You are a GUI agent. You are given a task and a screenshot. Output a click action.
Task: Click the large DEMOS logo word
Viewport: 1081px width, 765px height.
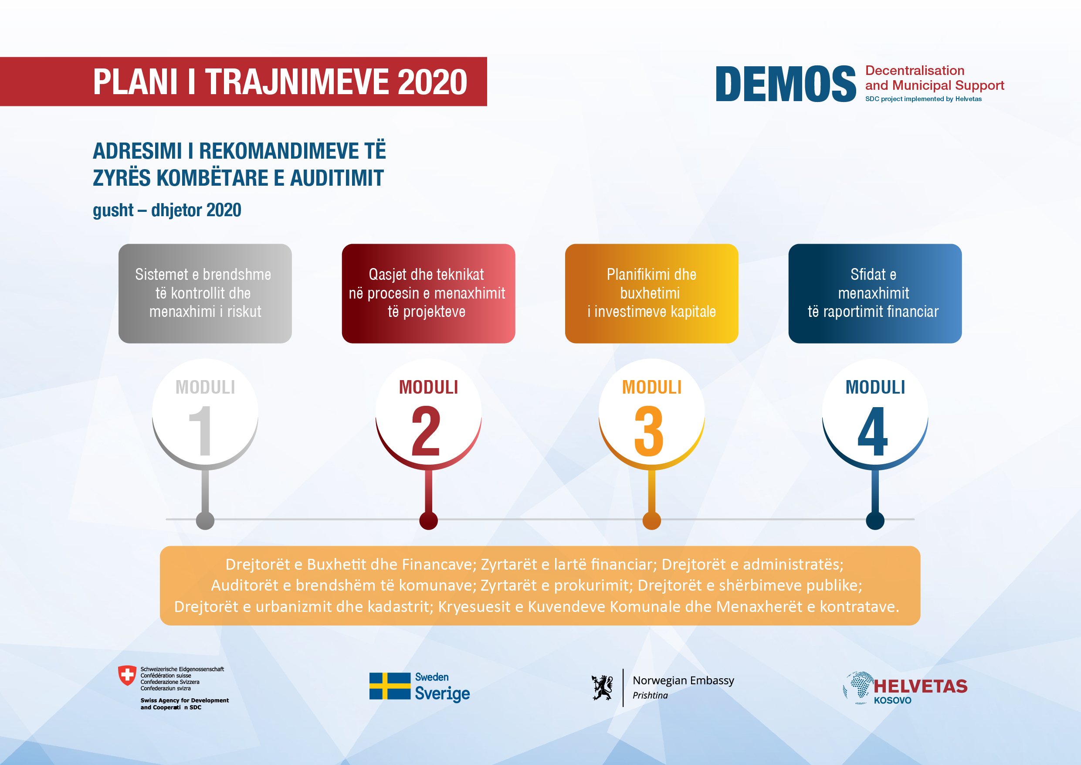[x=785, y=84]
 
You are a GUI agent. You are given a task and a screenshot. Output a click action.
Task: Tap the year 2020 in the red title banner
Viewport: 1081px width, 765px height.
[x=432, y=82]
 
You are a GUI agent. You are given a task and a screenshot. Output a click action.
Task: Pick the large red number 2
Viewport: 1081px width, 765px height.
[x=426, y=431]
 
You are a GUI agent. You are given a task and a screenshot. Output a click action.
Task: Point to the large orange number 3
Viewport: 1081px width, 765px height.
[x=649, y=431]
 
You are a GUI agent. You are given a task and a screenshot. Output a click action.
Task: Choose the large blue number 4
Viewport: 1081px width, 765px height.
[x=872, y=431]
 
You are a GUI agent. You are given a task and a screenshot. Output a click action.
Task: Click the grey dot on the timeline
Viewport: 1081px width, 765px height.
[x=205, y=520]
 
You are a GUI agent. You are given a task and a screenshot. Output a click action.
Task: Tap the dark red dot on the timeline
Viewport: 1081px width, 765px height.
[x=428, y=520]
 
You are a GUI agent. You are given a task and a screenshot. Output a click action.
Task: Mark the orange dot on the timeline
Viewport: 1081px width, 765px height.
[x=652, y=520]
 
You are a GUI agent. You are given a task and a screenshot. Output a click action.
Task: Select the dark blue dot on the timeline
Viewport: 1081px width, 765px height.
[x=875, y=520]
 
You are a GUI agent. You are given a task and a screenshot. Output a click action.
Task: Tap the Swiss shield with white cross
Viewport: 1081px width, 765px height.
[x=127, y=676]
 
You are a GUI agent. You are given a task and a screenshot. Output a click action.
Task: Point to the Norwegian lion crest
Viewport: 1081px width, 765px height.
[x=602, y=688]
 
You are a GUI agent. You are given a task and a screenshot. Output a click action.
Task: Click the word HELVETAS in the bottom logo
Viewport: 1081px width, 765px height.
[x=921, y=687]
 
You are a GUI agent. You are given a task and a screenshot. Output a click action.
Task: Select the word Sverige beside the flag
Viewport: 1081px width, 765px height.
[x=442, y=694]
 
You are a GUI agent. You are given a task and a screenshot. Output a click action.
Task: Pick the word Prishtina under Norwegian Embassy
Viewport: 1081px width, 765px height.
[x=650, y=695]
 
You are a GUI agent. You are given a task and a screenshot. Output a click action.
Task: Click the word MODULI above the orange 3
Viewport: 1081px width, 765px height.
[x=652, y=387]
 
